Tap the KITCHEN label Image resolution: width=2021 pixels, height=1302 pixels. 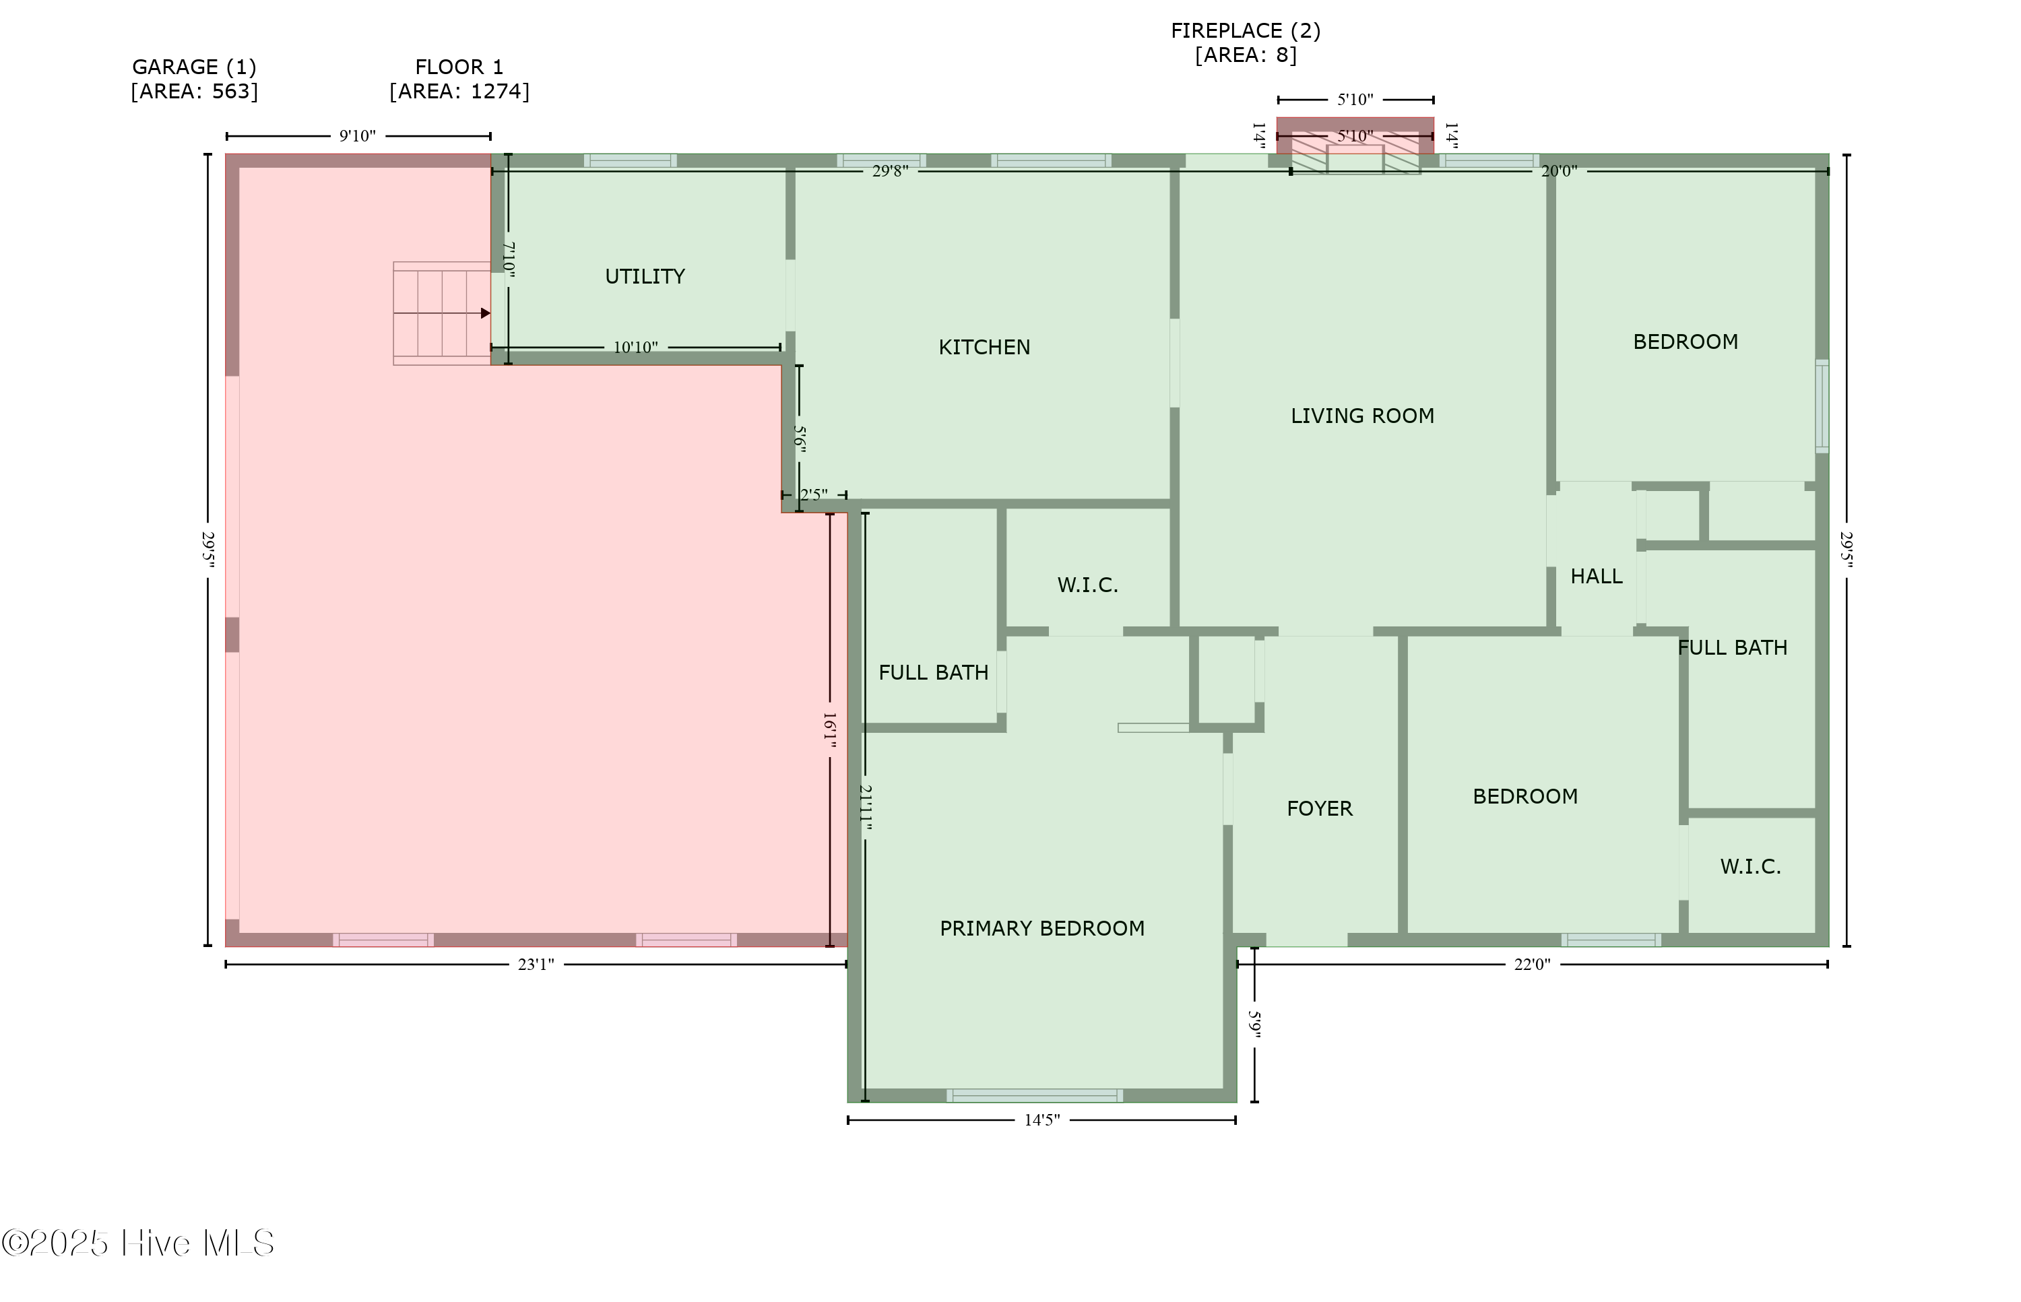984,348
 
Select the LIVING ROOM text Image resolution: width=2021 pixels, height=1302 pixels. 1361,416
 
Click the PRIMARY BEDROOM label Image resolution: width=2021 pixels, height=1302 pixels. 1041,928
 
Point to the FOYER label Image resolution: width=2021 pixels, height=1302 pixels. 1319,809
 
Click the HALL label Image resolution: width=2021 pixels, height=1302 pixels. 1596,577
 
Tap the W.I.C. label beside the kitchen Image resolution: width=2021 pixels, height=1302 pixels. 1087,585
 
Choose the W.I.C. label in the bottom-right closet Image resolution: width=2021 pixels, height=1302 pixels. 1750,867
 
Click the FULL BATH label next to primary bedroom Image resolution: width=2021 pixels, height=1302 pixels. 933,673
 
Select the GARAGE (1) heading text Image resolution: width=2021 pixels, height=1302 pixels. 193,67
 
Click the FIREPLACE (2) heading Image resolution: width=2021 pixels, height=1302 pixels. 1245,30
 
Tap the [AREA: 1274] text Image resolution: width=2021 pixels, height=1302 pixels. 459,92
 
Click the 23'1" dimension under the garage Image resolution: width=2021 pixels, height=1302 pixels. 536,965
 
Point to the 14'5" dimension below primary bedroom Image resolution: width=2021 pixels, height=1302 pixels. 1041,1120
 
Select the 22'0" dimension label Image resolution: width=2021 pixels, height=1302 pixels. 1531,965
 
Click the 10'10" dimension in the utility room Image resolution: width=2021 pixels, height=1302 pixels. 635,348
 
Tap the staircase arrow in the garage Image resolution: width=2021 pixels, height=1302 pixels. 484,314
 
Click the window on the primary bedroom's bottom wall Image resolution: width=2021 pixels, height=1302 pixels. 1034,1096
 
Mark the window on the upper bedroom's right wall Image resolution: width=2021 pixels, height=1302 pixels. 1822,405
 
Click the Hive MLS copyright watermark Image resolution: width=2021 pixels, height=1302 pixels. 138,1243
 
